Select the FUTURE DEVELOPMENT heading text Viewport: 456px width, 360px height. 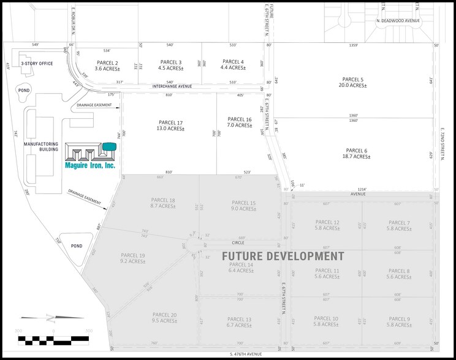coord(283,255)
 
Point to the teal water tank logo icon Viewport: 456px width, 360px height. coord(109,146)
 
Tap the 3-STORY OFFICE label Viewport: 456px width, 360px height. coord(36,62)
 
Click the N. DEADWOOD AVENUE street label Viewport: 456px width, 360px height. coord(397,21)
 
